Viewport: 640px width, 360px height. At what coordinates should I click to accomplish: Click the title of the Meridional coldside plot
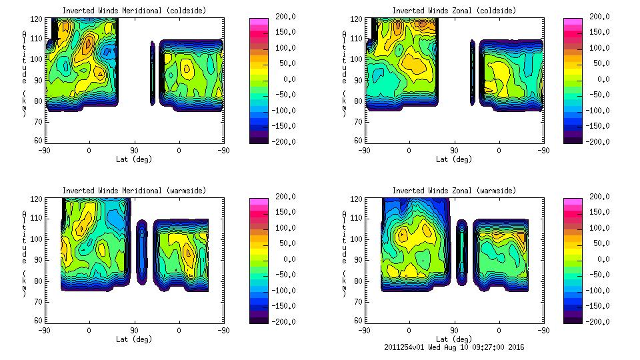pos(134,11)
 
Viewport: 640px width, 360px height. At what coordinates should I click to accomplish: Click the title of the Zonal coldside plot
pos(454,11)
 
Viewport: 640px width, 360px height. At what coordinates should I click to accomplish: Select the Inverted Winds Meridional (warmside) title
pos(134,191)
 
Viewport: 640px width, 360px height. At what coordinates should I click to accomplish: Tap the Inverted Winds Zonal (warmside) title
pos(454,191)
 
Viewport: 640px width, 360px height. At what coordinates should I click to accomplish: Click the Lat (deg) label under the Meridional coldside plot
pos(134,159)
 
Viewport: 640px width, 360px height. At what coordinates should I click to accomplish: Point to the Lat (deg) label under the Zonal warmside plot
pos(454,339)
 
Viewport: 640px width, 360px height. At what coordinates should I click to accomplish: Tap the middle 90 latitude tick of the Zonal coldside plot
pos(454,151)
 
